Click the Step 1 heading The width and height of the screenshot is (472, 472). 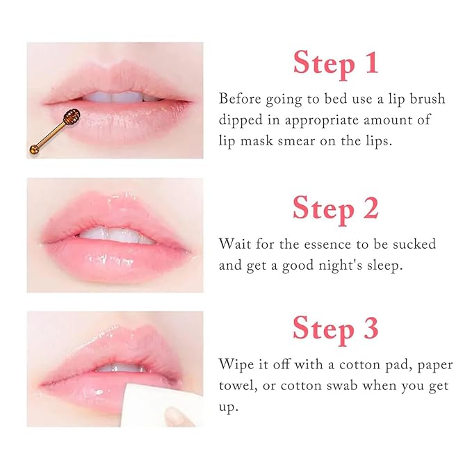point(336,62)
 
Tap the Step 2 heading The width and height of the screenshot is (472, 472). point(336,208)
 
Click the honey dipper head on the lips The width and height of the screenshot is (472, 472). point(70,117)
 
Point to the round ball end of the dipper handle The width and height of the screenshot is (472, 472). point(33,148)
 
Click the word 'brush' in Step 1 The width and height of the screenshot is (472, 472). point(425,99)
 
